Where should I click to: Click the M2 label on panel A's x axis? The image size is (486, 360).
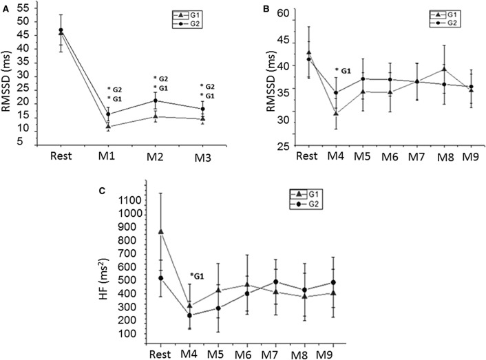pyautogui.click(x=156, y=156)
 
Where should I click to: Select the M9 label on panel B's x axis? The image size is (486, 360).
pyautogui.click(x=471, y=156)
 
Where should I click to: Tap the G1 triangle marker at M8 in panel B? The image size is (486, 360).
pyautogui.click(x=444, y=70)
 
